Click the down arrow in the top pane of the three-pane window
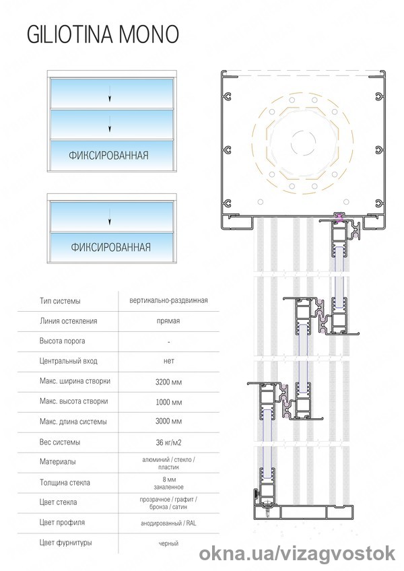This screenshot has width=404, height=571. click(108, 97)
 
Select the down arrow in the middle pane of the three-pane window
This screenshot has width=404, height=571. click(108, 125)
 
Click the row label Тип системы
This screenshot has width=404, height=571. click(60, 300)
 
